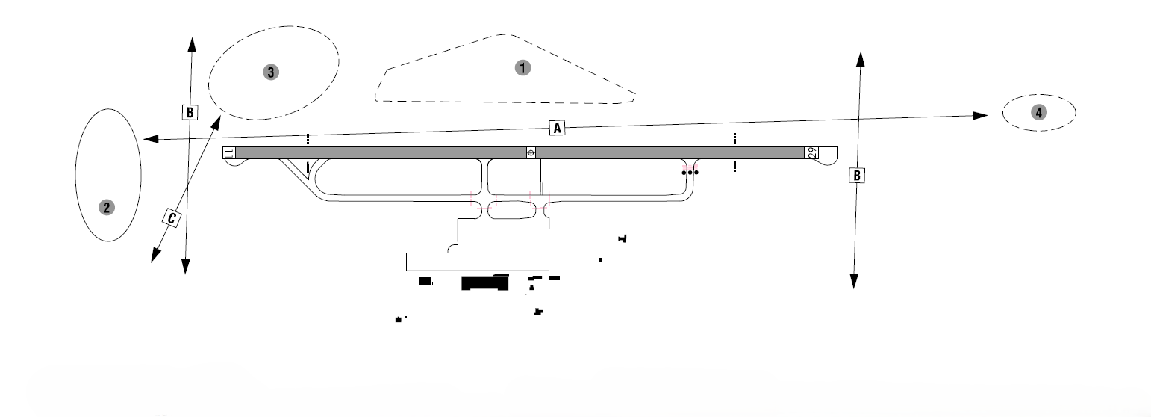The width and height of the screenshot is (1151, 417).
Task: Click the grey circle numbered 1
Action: [523, 68]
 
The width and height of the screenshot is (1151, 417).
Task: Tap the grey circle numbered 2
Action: [106, 207]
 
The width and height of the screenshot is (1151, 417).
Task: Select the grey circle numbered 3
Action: [271, 72]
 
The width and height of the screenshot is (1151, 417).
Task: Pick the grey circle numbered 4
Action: [1039, 112]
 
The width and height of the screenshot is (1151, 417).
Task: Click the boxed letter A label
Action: [557, 128]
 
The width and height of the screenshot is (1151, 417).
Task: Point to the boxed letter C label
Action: [172, 218]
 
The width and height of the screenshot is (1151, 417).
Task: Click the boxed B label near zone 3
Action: [190, 112]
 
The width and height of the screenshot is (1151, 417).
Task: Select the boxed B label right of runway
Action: [857, 176]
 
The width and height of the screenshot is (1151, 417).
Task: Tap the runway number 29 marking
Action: [812, 152]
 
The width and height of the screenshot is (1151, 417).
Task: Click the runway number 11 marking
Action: [229, 152]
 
